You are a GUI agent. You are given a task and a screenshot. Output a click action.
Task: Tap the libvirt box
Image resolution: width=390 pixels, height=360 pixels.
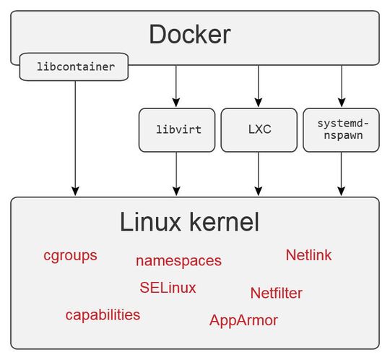tap(176, 130)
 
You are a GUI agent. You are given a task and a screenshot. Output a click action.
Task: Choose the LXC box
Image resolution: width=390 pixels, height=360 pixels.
tap(259, 130)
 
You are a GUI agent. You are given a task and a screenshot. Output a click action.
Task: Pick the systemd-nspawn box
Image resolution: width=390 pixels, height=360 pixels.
tap(342, 130)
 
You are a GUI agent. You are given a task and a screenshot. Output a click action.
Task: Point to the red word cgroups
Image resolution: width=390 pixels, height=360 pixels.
tap(70, 255)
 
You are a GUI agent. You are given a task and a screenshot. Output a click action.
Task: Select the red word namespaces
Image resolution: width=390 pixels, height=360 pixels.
tap(178, 261)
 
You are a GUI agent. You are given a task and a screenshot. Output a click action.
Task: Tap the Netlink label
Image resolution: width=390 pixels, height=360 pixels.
tap(308, 255)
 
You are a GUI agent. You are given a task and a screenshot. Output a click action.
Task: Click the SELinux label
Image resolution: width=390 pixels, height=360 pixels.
tap(168, 288)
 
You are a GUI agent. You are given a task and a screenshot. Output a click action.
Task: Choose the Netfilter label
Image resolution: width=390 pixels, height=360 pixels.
tap(276, 293)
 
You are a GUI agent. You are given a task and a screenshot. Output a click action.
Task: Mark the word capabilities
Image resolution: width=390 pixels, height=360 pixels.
tap(103, 315)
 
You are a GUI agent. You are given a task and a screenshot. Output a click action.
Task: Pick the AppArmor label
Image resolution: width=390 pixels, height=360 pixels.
tap(243, 320)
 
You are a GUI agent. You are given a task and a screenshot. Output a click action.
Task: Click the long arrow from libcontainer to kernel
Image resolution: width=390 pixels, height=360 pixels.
tap(74, 137)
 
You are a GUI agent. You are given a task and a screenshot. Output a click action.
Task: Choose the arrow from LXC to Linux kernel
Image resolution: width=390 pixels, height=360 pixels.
tap(259, 173)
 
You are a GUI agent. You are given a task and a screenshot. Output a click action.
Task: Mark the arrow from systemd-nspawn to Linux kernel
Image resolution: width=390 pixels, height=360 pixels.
tap(342, 173)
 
